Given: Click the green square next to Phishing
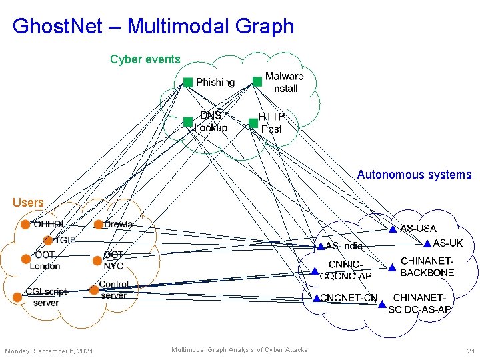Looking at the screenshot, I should click(188, 82).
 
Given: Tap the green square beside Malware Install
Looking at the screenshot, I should click(257, 81).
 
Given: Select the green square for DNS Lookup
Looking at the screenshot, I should click(188, 122).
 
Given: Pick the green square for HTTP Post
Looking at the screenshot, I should click(253, 123).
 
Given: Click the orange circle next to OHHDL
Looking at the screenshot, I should click(25, 225).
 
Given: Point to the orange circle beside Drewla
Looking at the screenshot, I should click(98, 225).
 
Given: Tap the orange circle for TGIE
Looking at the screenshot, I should click(47, 240).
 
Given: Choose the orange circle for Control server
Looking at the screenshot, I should click(93, 290).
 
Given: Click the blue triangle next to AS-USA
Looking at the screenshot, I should click(393, 229).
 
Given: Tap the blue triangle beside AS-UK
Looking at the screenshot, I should click(427, 243).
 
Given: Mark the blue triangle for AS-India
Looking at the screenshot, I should click(320, 246).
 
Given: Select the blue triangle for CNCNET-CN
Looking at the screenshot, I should click(316, 298).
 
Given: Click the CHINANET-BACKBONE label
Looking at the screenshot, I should click(427, 267).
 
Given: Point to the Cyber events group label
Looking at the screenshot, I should click(145, 59).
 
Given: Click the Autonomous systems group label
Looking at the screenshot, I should click(414, 175).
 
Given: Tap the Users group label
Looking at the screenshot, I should click(28, 202).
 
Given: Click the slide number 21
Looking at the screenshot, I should click(471, 351).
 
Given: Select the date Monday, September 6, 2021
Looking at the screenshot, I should click(49, 351).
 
